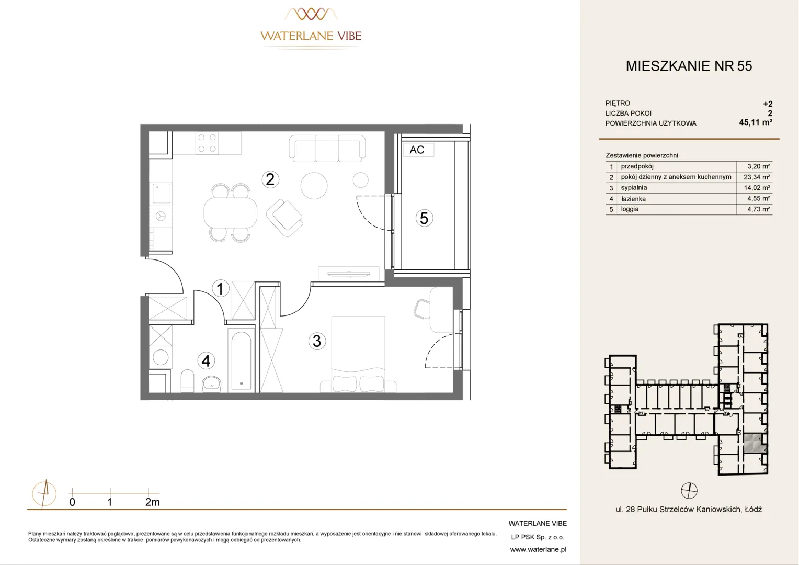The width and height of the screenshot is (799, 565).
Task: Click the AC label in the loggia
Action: coord(417,150)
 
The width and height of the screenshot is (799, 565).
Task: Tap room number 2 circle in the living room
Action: coord(270,179)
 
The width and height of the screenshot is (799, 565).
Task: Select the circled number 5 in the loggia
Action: coord(424,218)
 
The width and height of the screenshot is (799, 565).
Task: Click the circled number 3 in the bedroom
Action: coord(317,341)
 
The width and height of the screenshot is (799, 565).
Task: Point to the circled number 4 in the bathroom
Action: coord(206,361)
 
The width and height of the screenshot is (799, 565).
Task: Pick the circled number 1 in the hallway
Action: coord(221,288)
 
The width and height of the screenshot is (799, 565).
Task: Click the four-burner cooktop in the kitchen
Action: coord(207,143)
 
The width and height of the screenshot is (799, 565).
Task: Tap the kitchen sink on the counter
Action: coord(161,194)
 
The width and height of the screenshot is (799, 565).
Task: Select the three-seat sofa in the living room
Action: coord(327,148)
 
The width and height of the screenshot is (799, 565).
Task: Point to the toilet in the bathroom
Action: coord(188,381)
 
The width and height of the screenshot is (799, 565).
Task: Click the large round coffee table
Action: coord(314,186)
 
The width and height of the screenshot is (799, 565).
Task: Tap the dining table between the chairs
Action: coord(231,213)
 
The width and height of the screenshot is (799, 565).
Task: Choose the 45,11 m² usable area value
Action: coord(756,122)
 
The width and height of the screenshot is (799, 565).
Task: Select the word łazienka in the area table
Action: coord(633,199)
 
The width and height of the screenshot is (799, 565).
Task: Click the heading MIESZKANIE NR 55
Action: coord(689,66)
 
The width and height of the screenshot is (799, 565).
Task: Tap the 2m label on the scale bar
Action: coord(152,502)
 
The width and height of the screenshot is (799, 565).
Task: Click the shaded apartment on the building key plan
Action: coord(754,443)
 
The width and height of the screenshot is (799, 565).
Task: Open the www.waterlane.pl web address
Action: coord(538,550)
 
